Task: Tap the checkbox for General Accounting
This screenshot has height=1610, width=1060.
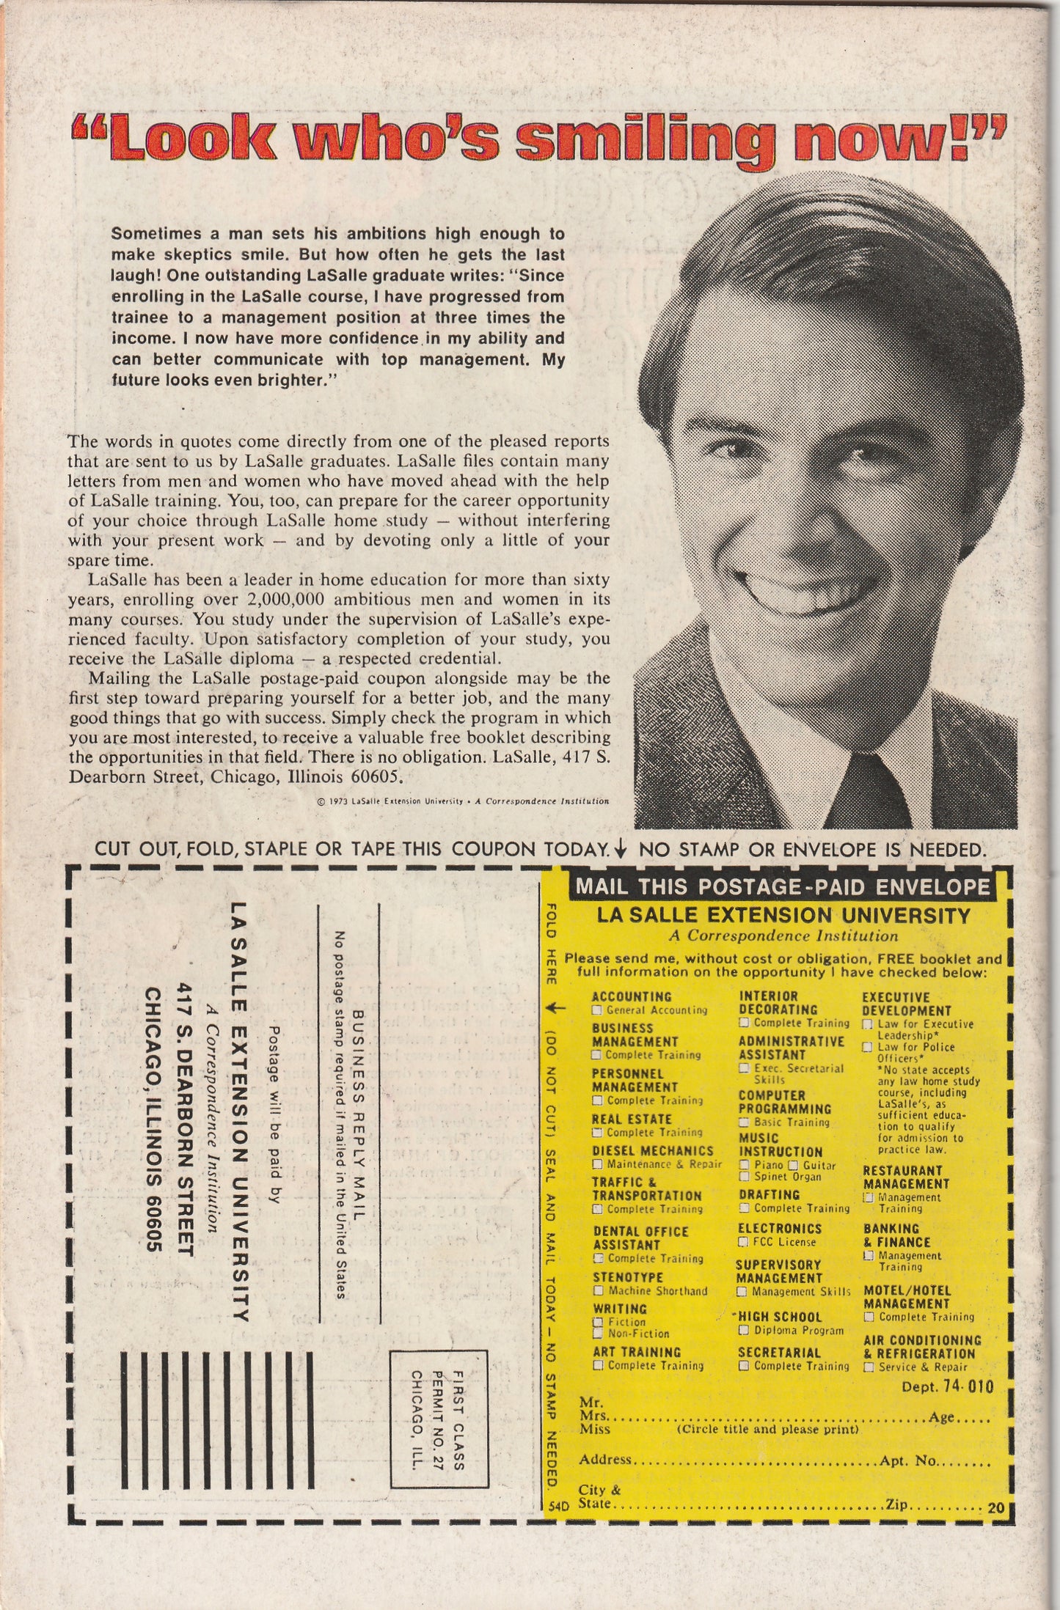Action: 596,1010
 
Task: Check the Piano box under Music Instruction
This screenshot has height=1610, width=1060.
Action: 744,1165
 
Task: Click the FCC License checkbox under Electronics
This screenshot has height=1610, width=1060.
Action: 744,1242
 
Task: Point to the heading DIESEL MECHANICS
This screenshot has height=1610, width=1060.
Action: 652,1150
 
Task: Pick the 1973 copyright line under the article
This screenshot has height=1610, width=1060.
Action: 462,801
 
